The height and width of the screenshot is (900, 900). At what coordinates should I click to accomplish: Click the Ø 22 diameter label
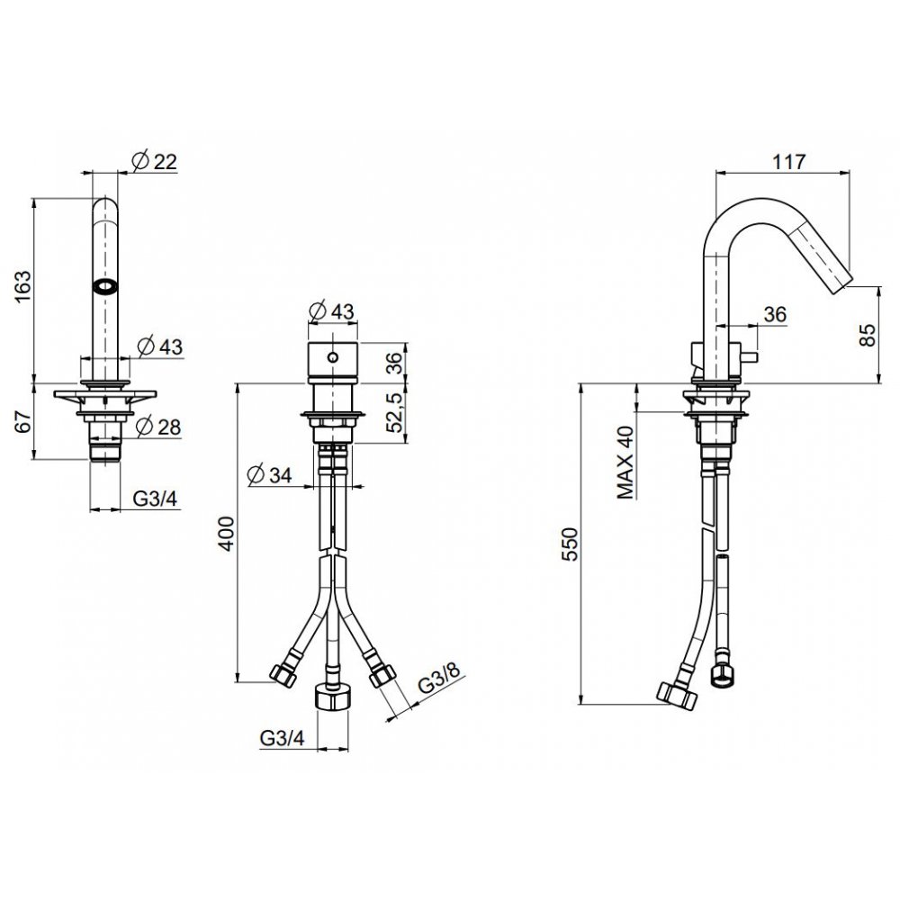[x=155, y=161]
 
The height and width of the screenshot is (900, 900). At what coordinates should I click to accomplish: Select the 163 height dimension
[x=24, y=287]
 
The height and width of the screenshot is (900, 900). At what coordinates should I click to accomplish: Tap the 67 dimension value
[x=23, y=422]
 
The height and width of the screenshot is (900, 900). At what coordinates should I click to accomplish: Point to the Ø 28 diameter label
[x=158, y=427]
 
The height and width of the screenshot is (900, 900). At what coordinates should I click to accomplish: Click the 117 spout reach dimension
[x=788, y=162]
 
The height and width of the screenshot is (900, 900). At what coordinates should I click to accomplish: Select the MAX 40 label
[x=625, y=463]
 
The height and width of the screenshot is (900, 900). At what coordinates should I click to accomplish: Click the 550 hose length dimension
[x=572, y=544]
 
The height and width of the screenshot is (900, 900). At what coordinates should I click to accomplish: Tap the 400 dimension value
[x=227, y=534]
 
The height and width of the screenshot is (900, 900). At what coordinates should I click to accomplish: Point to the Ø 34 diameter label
[x=269, y=475]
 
